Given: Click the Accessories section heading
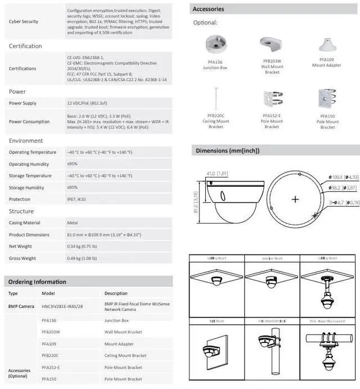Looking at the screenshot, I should (208, 9).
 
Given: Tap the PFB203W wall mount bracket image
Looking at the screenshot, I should (272, 44).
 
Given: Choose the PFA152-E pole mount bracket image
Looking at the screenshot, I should (272, 100).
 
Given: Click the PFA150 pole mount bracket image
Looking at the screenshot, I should (327, 99).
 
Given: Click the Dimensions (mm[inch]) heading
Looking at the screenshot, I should (227, 151).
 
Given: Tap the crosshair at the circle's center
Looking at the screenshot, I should (295, 200).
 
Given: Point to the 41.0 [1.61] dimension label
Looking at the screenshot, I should (217, 174).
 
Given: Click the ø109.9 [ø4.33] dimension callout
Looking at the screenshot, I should (343, 177).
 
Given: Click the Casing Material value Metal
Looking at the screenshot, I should (73, 223).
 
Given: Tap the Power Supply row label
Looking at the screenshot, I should (22, 103).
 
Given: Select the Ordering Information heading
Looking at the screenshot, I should (38, 282).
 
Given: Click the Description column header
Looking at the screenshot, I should (116, 293).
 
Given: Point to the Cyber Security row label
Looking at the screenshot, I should (24, 21).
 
